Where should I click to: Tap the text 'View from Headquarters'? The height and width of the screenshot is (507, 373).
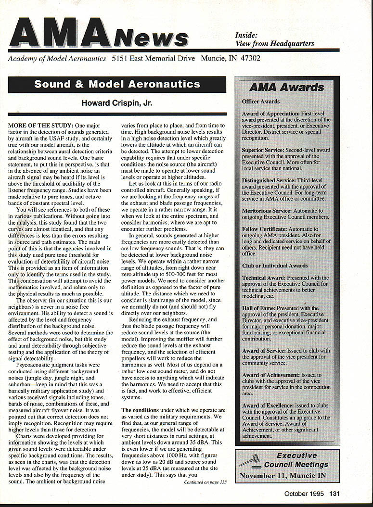point(274,44)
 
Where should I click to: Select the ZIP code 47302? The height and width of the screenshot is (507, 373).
point(247,59)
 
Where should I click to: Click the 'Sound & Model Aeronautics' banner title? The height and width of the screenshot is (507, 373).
point(117,84)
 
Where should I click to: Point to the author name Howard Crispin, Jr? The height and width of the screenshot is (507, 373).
point(117,103)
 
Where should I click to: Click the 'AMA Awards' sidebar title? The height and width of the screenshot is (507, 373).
point(286,88)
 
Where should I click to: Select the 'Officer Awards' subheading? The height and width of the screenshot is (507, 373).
point(260,102)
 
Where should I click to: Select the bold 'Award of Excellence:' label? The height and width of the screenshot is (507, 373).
point(268,406)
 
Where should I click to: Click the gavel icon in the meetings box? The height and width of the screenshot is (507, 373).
point(249,460)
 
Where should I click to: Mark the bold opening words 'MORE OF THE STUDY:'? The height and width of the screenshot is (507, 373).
point(40,125)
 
